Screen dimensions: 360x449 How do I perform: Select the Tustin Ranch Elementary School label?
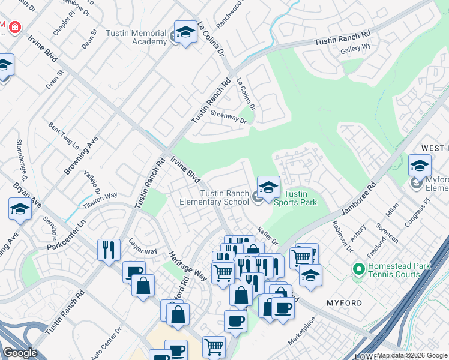tap(215, 197)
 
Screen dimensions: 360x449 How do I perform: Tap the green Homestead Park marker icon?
tap(359, 269)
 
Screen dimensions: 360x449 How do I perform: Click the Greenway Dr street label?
tap(228, 116)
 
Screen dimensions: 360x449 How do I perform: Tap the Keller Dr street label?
tap(268, 235)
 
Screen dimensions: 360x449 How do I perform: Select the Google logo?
tap(20, 353)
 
